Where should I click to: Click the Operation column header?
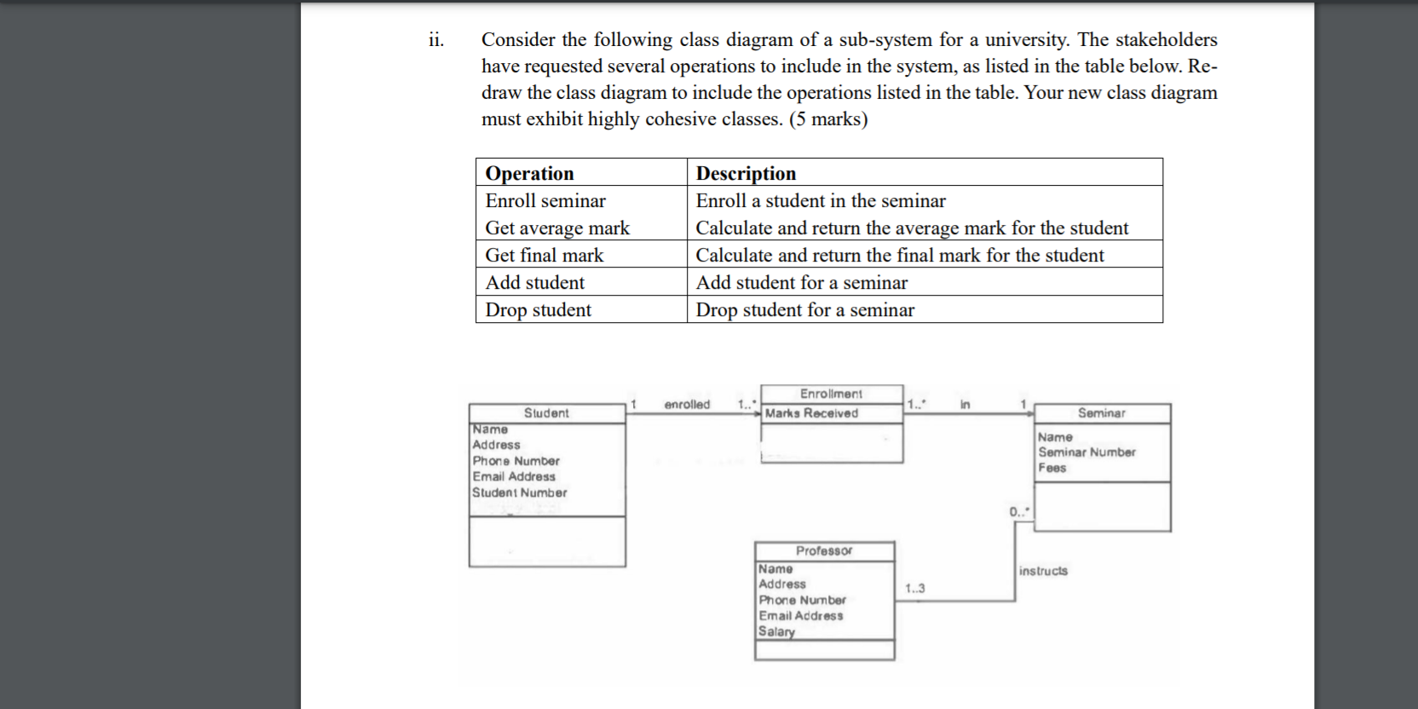[x=529, y=173]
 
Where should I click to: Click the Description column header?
[x=746, y=173]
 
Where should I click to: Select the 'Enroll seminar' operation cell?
[x=545, y=200]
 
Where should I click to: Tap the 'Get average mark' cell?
[x=557, y=228]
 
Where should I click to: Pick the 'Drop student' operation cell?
[x=538, y=309]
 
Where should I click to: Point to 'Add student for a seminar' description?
[x=801, y=282]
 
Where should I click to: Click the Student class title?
[x=546, y=413]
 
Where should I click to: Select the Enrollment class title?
[x=831, y=394]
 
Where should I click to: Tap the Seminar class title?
[x=1101, y=413]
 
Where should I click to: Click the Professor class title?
[x=824, y=550]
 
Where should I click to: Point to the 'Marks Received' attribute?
[x=811, y=413]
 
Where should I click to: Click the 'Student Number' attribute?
[x=520, y=493]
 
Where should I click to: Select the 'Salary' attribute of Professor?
[x=776, y=631]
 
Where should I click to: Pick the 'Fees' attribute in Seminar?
[x=1052, y=468]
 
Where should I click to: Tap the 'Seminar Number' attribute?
[x=1087, y=452]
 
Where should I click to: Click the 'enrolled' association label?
[x=687, y=404]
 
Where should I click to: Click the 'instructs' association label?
[x=1043, y=571]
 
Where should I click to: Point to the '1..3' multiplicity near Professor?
[x=915, y=588]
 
